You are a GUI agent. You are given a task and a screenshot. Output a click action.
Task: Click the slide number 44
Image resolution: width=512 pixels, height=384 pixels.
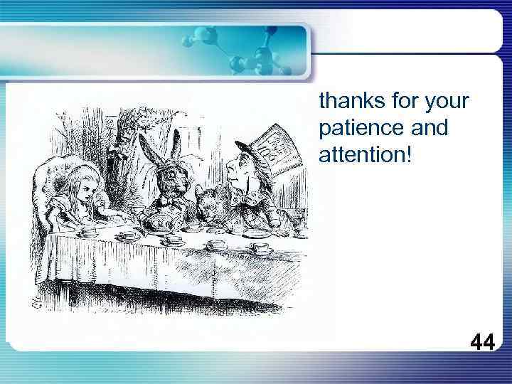coord(482,343)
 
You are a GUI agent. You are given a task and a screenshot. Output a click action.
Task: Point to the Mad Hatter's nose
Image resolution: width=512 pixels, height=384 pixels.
coord(228,170)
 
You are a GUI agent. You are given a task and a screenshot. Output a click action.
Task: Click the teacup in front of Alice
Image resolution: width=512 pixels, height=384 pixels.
coord(90,230)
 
